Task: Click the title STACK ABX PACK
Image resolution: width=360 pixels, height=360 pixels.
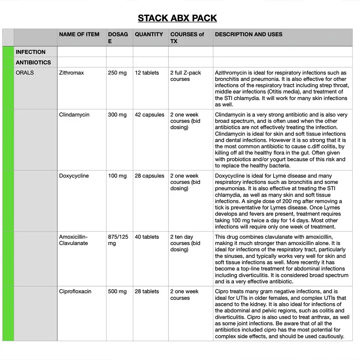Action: (177, 18)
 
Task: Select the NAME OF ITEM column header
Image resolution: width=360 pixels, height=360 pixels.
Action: (79, 35)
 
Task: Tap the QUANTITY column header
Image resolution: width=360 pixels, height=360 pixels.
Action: (149, 35)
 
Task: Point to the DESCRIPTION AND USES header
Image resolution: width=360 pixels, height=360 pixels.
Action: (248, 35)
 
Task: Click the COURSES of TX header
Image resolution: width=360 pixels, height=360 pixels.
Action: (187, 38)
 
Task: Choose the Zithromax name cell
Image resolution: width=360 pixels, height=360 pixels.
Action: (71, 73)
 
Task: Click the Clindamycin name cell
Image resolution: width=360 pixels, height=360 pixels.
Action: (74, 115)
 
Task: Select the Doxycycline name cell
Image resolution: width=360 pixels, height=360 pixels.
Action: (74, 176)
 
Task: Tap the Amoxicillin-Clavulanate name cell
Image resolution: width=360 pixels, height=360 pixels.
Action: (73, 240)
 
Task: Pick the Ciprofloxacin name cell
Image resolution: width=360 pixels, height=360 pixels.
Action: (75, 292)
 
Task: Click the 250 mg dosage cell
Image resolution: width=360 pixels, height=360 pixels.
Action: (117, 73)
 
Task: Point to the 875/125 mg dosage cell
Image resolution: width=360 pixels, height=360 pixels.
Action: (118, 240)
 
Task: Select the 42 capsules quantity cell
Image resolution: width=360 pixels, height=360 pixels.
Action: (149, 115)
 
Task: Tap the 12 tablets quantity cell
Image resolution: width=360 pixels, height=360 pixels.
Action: (147, 73)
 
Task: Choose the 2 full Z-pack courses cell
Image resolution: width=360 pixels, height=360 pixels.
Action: (186, 76)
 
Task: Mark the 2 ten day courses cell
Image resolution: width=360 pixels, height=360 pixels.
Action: (185, 243)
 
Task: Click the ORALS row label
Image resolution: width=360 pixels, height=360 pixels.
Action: (25, 73)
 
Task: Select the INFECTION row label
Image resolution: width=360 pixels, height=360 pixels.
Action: (31, 52)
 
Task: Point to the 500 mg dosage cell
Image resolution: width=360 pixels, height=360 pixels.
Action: (117, 292)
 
